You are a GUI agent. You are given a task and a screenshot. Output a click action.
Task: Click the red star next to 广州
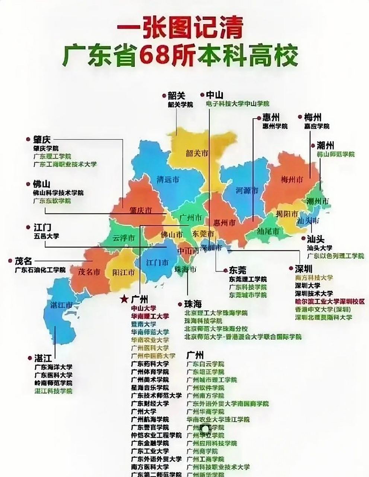tap(124, 299)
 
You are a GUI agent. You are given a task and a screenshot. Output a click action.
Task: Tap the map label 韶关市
tap(197, 153)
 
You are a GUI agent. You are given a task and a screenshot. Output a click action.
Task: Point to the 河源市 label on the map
tap(247, 191)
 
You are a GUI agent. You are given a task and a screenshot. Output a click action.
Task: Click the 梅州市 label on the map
tap(292, 179)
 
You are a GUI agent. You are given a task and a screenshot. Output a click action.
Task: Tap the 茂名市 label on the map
tap(89, 271)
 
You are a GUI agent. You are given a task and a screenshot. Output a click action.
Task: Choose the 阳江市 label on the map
tap(124, 272)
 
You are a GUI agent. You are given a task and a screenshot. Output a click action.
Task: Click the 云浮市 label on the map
tap(124, 238)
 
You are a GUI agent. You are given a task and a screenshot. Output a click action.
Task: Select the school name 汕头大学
tap(319, 248)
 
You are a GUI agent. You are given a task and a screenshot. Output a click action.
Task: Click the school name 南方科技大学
tap(314, 278)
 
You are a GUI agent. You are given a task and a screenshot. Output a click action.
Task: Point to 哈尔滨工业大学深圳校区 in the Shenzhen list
tap(330, 301)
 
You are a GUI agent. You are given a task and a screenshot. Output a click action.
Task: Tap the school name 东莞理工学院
tap(248, 279)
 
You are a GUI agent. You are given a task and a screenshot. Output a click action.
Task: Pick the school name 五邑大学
tap(46, 236)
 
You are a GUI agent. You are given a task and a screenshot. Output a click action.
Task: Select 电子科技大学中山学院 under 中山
tap(238, 104)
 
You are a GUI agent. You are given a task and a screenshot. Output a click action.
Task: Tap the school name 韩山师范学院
tap(335, 154)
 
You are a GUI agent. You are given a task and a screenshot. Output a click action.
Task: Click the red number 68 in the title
tap(155, 57)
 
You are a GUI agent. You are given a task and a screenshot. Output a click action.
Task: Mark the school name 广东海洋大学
tap(54, 367)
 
